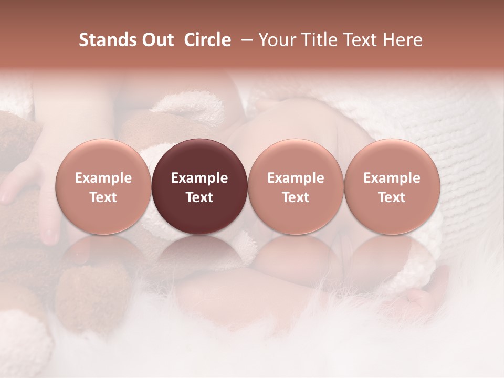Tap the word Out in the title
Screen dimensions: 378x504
[x=157, y=40]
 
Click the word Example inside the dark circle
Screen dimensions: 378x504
[x=199, y=178]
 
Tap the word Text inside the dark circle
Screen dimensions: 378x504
[x=199, y=197]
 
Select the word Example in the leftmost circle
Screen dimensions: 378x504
[x=103, y=178]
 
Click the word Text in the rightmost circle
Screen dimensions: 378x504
[x=392, y=197]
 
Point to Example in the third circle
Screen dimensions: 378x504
[x=296, y=178]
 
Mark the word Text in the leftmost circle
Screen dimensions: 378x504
[x=103, y=197]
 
